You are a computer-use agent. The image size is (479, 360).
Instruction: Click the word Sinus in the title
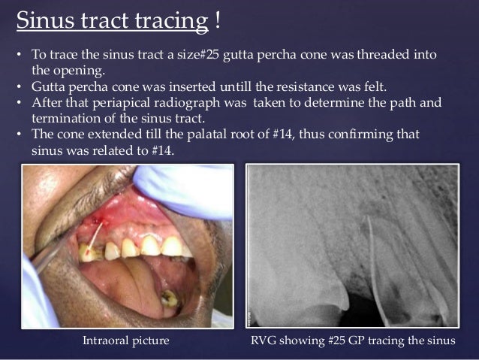coord(42,20)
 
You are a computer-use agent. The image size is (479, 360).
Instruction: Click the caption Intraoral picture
coord(125,341)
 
